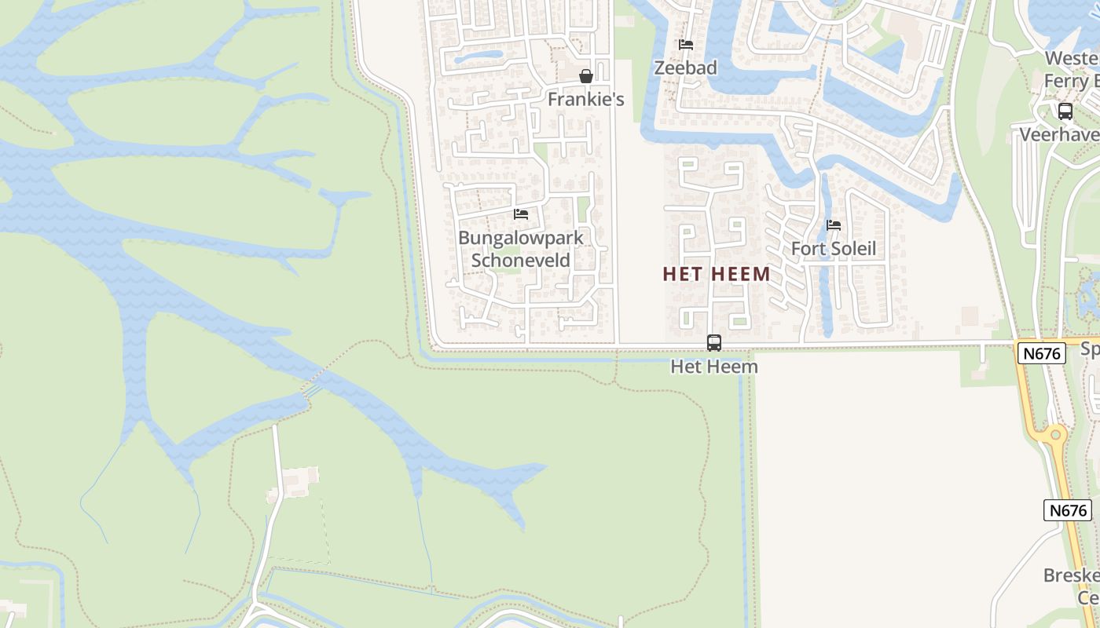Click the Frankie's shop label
(x=585, y=99)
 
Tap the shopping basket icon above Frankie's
(x=585, y=76)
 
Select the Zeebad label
(x=685, y=68)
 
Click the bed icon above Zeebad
(x=686, y=45)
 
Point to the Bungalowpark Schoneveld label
(x=520, y=249)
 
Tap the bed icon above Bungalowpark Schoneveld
(x=520, y=214)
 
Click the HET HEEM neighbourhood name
(x=716, y=274)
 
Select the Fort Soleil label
(x=833, y=249)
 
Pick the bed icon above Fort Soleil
(x=834, y=225)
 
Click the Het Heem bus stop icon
(x=713, y=343)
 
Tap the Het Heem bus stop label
(x=713, y=367)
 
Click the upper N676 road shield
(x=1043, y=353)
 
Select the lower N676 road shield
(x=1068, y=510)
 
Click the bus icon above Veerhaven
(x=1065, y=111)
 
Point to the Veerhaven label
(x=1059, y=134)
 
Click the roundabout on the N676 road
(x=1056, y=434)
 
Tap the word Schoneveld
(x=520, y=261)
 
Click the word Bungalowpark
(x=520, y=238)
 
